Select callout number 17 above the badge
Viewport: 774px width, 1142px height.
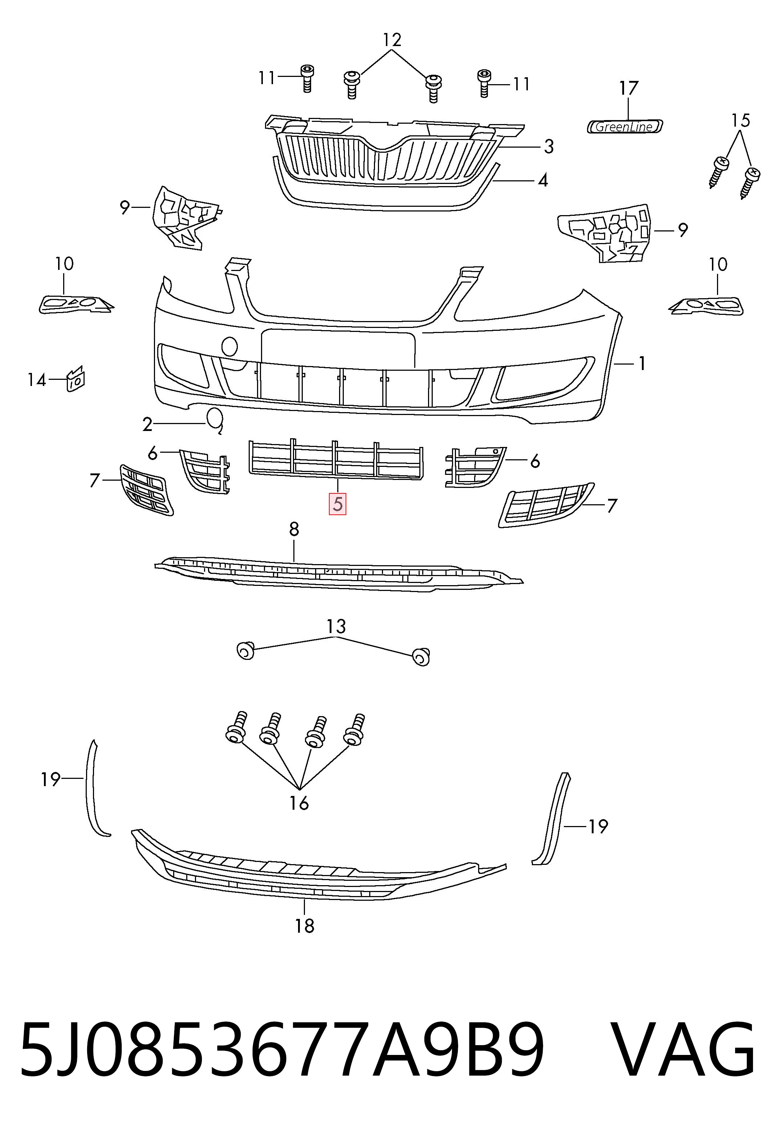click(628, 89)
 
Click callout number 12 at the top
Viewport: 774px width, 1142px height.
click(392, 40)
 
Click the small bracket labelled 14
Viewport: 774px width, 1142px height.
click(75, 378)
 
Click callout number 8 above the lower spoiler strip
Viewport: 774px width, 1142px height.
click(294, 529)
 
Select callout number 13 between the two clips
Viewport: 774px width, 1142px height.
click(336, 627)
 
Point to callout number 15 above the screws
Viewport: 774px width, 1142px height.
click(741, 120)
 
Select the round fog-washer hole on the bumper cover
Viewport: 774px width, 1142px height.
click(230, 346)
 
